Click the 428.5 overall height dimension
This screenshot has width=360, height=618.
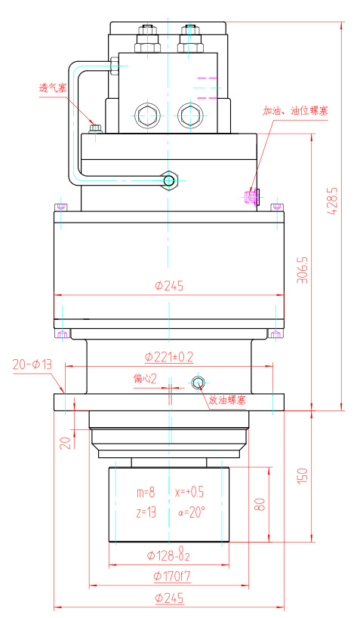click(332, 201)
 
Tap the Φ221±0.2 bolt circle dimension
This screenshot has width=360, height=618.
click(168, 355)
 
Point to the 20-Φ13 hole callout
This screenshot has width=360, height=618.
click(32, 364)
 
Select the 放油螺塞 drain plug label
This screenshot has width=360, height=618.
click(227, 400)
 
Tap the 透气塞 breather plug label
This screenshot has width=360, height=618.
click(53, 88)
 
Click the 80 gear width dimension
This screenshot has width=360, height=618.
click(259, 504)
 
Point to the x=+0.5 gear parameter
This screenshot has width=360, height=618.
click(189, 491)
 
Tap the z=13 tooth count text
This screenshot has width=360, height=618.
click(146, 513)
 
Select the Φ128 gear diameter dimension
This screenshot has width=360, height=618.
click(168, 556)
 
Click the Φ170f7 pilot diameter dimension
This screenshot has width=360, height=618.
click(168, 577)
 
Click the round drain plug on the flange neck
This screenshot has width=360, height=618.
click(198, 383)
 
